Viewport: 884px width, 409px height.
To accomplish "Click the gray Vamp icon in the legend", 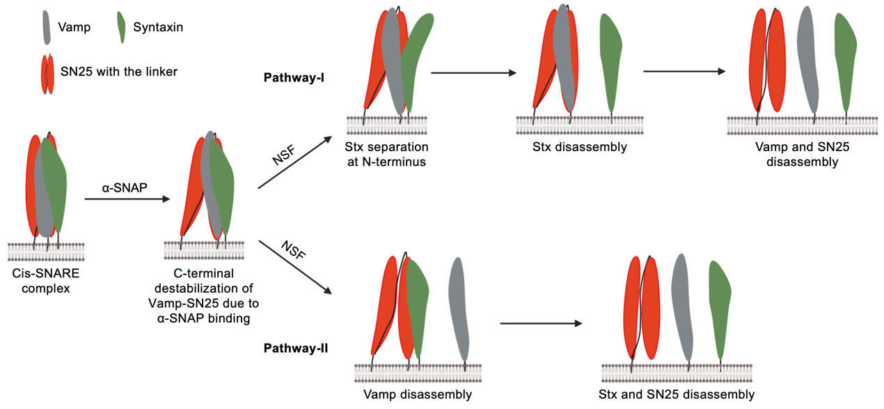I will (46, 26).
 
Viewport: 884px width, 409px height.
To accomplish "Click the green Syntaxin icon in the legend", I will (122, 27).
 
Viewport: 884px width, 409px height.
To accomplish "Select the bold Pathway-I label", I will (292, 77).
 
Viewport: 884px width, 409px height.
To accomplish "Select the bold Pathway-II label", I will (295, 347).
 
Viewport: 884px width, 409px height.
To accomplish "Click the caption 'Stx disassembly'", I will (570, 147).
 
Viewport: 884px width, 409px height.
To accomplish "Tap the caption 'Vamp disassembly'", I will (418, 394).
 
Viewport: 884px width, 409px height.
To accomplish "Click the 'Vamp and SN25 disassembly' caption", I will (802, 155).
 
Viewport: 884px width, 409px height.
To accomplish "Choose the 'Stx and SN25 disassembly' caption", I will (676, 394).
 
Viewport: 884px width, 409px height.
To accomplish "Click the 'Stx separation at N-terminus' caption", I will (386, 155).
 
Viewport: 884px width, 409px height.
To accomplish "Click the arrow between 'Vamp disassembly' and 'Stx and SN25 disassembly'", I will (540, 323).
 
